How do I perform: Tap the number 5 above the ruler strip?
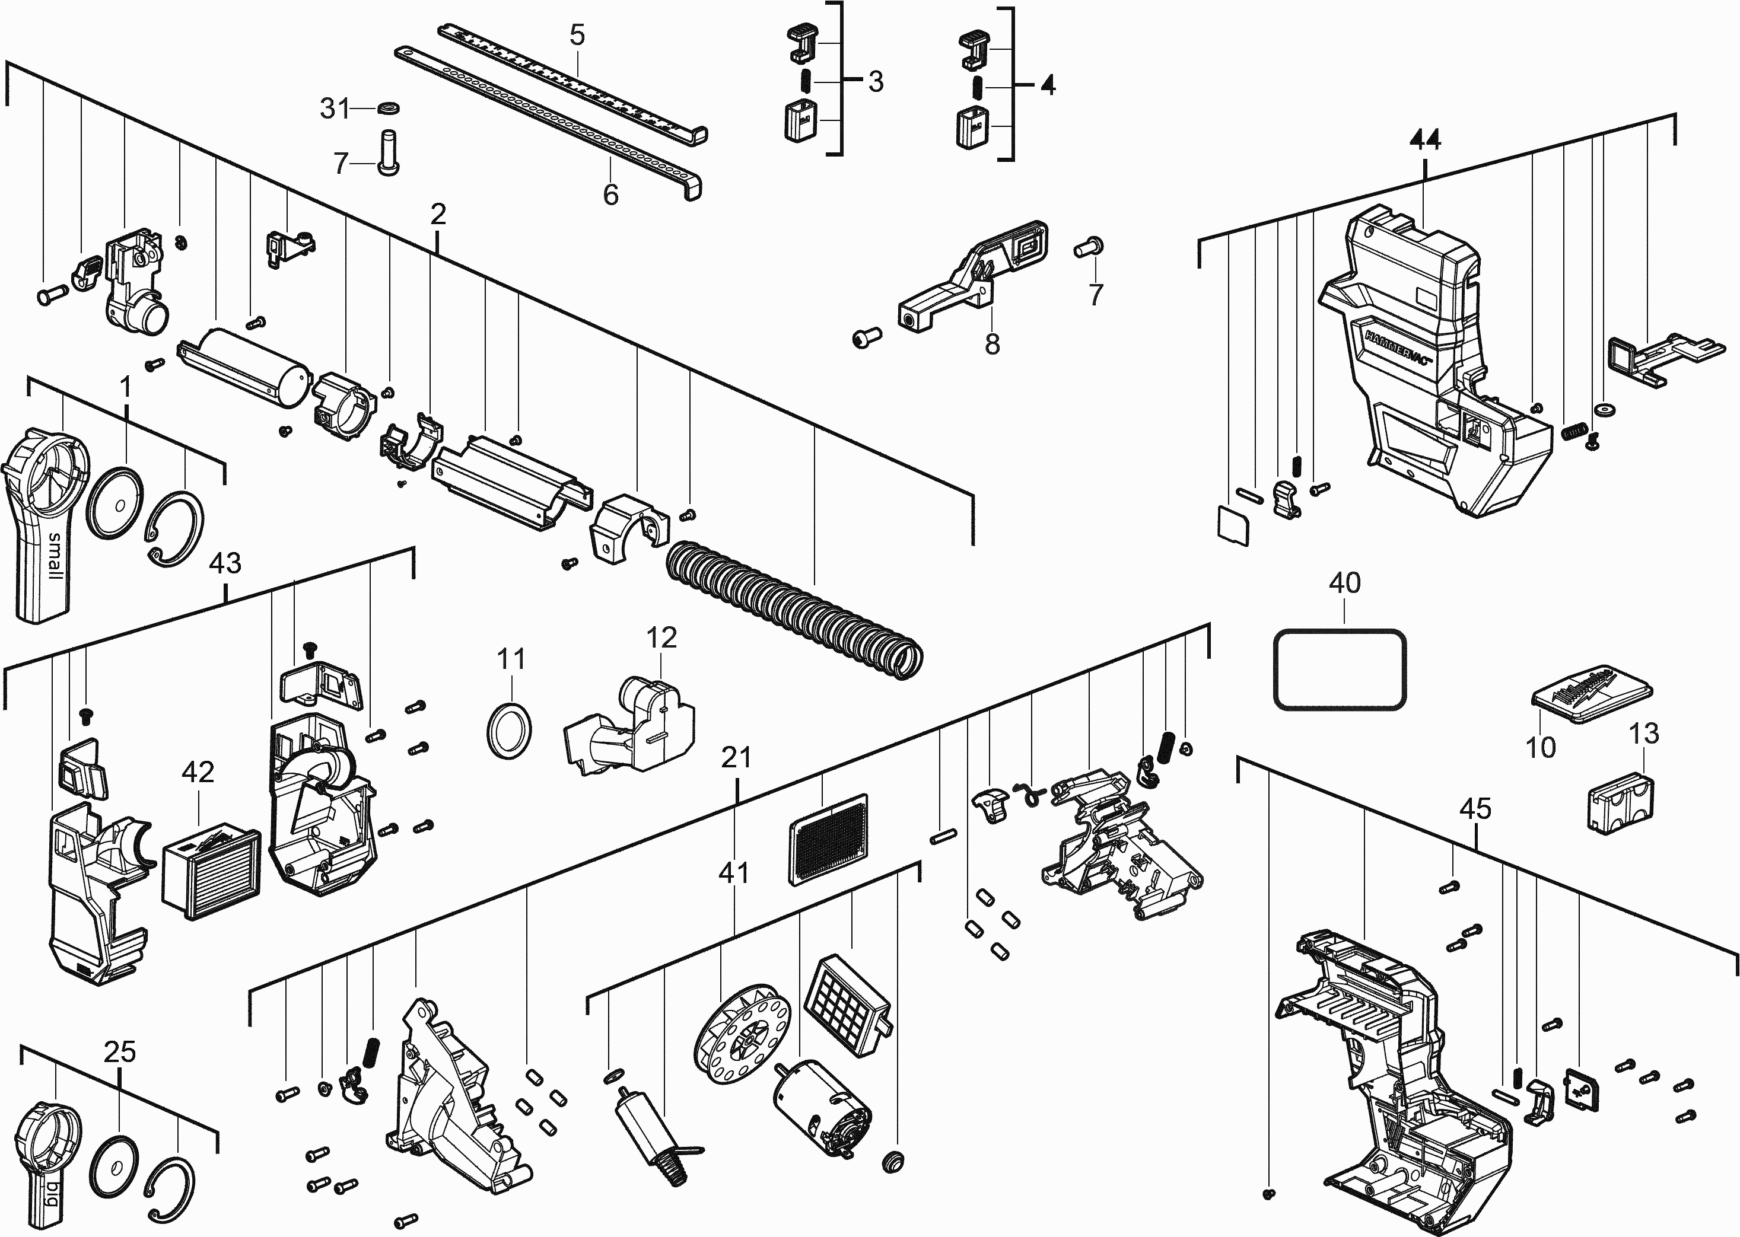[577, 34]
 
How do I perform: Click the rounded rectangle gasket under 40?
[1340, 669]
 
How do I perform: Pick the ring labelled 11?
[508, 730]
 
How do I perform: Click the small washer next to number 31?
[389, 108]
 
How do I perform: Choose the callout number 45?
[1475, 808]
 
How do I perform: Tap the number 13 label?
[1643, 734]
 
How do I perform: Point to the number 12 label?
[661, 637]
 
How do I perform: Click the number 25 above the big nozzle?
[120, 1052]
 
